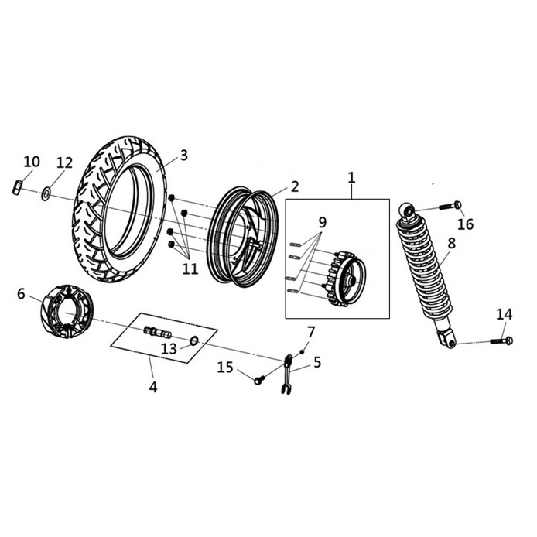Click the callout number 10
(x=32, y=162)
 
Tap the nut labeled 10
(x=18, y=188)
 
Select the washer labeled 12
(x=46, y=193)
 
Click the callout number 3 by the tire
(x=184, y=156)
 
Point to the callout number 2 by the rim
(x=295, y=186)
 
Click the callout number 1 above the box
(x=351, y=178)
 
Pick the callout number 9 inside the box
(x=322, y=223)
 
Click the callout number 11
(x=190, y=268)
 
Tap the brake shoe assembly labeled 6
(x=67, y=311)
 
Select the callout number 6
(x=21, y=294)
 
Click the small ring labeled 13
(x=194, y=340)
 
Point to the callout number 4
(x=153, y=387)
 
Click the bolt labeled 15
(x=259, y=379)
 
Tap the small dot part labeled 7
(x=302, y=352)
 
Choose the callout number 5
(x=317, y=362)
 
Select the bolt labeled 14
(x=501, y=340)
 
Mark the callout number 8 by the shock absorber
(x=452, y=243)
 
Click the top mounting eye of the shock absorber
(x=408, y=211)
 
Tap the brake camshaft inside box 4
(x=158, y=331)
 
